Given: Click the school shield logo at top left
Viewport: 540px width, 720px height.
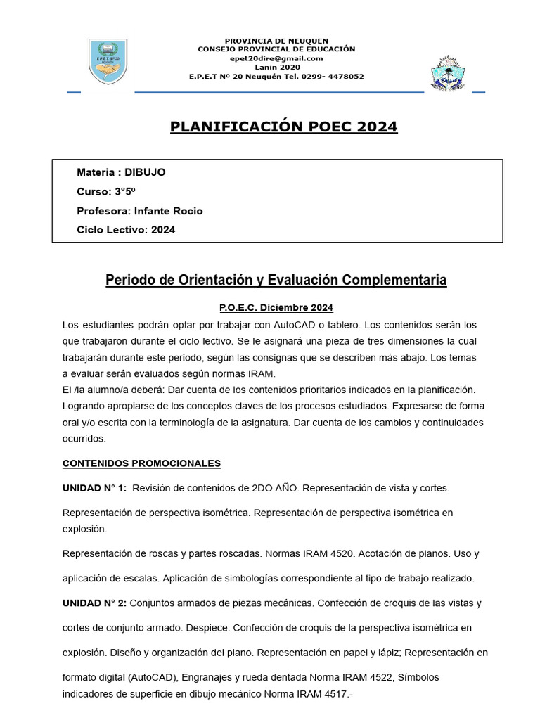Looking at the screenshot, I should pyautogui.click(x=108, y=62).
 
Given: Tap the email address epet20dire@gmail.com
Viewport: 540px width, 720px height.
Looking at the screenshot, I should pyautogui.click(x=276, y=58).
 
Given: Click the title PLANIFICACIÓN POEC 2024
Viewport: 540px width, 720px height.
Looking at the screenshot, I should pyautogui.click(x=283, y=127).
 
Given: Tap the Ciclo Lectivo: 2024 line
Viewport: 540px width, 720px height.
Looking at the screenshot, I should pyautogui.click(x=126, y=230).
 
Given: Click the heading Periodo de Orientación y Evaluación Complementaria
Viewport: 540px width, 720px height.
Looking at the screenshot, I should pyautogui.click(x=276, y=281).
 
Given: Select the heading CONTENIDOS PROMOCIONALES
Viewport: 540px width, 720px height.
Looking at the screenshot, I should pyautogui.click(x=141, y=463).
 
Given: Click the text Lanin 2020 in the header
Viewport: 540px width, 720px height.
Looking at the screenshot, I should pyautogui.click(x=276, y=67).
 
